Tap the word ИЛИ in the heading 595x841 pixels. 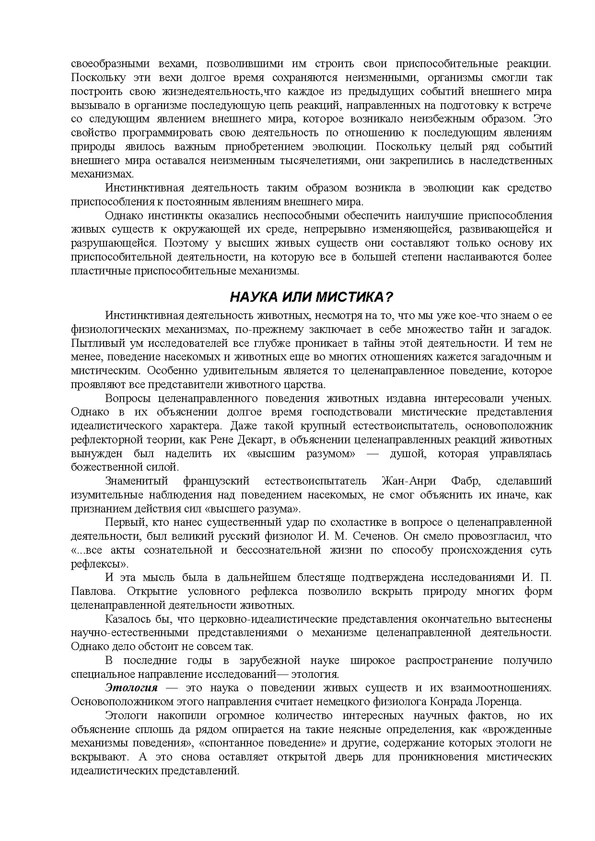pyautogui.click(x=295, y=297)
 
